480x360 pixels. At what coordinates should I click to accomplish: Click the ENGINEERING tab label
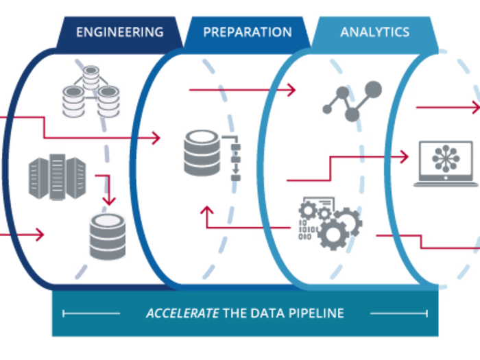point(120,32)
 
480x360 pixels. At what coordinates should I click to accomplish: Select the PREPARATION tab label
point(247,32)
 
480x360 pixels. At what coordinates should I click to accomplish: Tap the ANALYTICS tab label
point(374,32)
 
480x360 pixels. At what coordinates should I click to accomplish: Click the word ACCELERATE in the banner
point(182,313)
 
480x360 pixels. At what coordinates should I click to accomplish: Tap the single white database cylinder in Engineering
point(108,237)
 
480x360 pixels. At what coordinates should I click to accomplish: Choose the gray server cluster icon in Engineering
point(58,177)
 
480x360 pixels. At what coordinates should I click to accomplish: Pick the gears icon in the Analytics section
point(329,223)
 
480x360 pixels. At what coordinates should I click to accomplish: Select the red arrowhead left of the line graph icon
point(291,89)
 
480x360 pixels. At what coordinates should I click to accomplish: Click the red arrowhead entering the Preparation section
point(156,138)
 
